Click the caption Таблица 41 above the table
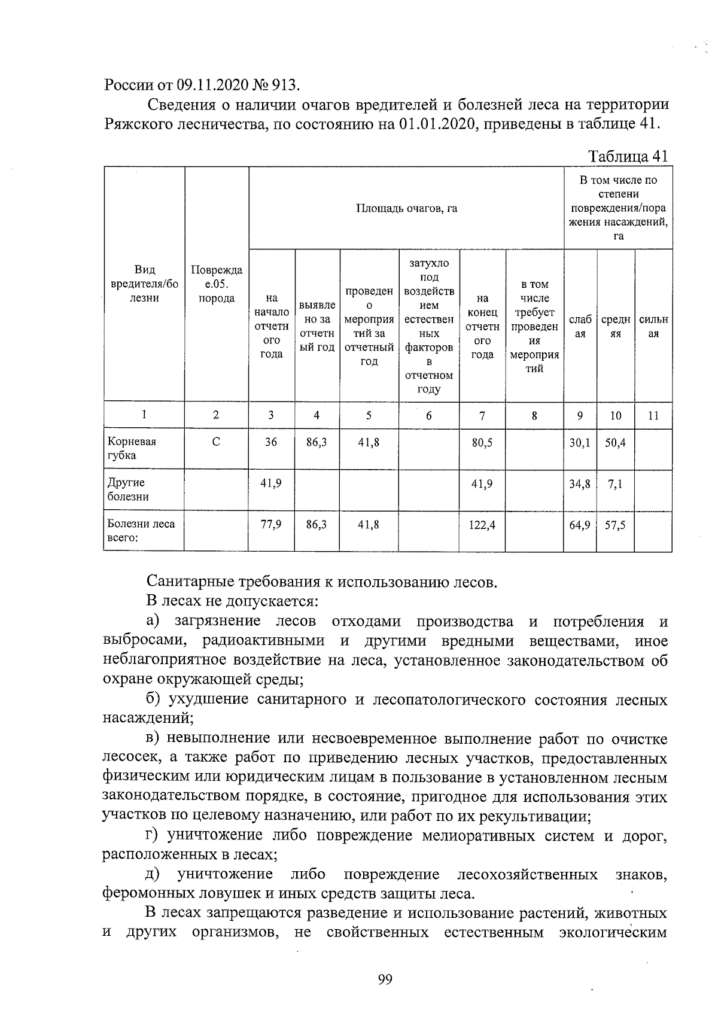pyautogui.click(x=628, y=156)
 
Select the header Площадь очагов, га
pyautogui.click(x=406, y=208)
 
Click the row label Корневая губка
pyautogui.click(x=132, y=448)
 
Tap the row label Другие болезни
pyautogui.click(x=128, y=489)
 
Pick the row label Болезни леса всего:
pyautogui.click(x=141, y=531)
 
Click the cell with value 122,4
pyautogui.click(x=482, y=525)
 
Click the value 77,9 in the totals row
pyautogui.click(x=271, y=525)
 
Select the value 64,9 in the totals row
pyautogui.click(x=579, y=525)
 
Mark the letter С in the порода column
pyautogui.click(x=216, y=442)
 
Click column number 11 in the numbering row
pyautogui.click(x=653, y=415)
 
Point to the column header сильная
pyautogui.click(x=653, y=327)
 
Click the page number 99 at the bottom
pyautogui.click(x=385, y=980)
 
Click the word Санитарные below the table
pyautogui.click(x=190, y=581)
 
